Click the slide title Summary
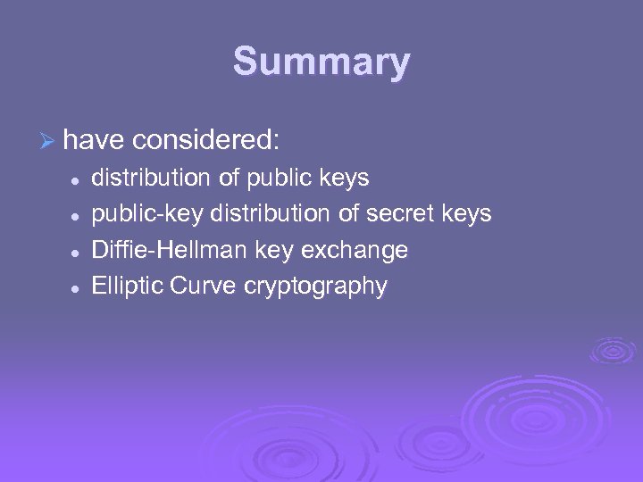(x=321, y=62)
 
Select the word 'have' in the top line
(x=94, y=140)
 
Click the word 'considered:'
(x=206, y=140)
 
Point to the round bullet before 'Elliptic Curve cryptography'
(x=78, y=287)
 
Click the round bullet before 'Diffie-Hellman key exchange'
(x=78, y=252)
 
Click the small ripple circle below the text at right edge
(x=613, y=350)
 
